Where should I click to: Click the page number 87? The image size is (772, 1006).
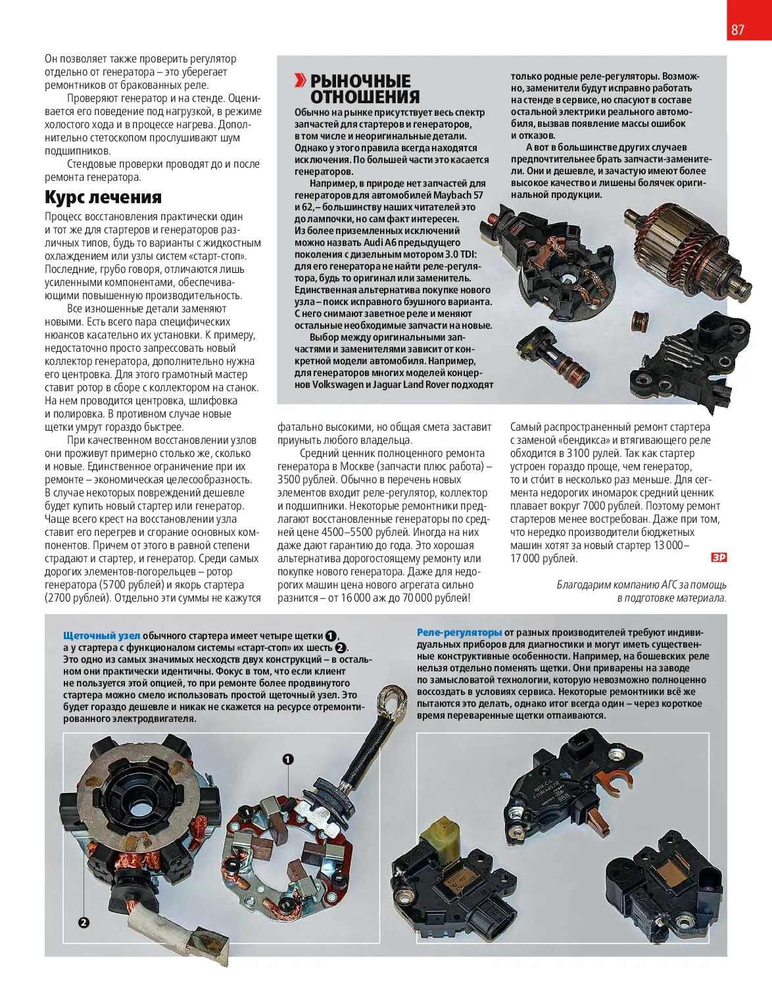click(x=738, y=30)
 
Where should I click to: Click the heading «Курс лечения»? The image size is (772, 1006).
click(x=103, y=197)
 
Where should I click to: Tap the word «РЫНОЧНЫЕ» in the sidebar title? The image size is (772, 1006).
click(x=360, y=82)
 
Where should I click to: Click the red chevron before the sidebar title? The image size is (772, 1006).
click(x=300, y=81)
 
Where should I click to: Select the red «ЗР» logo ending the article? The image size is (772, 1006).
click(x=719, y=558)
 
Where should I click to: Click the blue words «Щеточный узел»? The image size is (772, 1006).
click(x=101, y=636)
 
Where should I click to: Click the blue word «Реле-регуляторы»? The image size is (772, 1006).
click(x=459, y=633)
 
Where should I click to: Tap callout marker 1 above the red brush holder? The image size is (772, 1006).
click(x=288, y=759)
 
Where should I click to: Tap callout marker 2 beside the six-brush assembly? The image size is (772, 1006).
click(x=84, y=922)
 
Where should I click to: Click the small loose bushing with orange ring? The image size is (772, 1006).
click(x=638, y=320)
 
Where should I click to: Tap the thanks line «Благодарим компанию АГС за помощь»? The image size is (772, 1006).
click(x=641, y=585)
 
